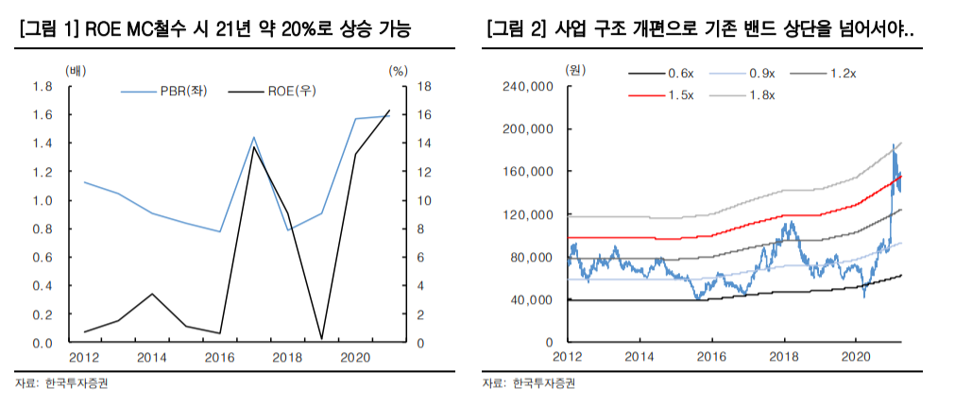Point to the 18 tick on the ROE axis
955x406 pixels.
(x=399, y=87)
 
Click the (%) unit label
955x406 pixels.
(x=398, y=70)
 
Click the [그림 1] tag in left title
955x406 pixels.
(x=47, y=30)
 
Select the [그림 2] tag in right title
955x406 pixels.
(x=516, y=30)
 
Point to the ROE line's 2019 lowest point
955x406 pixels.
(x=322, y=338)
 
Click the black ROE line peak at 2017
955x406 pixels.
(x=253, y=146)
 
